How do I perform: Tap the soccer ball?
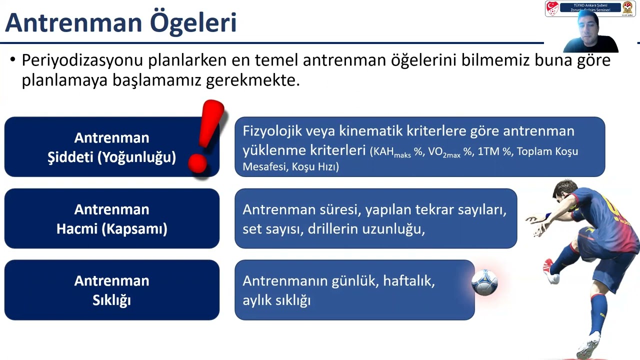(484, 282)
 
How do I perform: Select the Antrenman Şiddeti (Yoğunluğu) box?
(111, 147)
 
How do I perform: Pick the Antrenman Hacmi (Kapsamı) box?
(111, 218)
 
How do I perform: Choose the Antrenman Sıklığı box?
(111, 290)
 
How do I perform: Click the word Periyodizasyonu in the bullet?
(82, 60)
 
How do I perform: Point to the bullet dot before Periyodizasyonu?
(12, 60)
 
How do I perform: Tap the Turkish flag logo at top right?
(552, 8)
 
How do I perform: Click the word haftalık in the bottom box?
(408, 281)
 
